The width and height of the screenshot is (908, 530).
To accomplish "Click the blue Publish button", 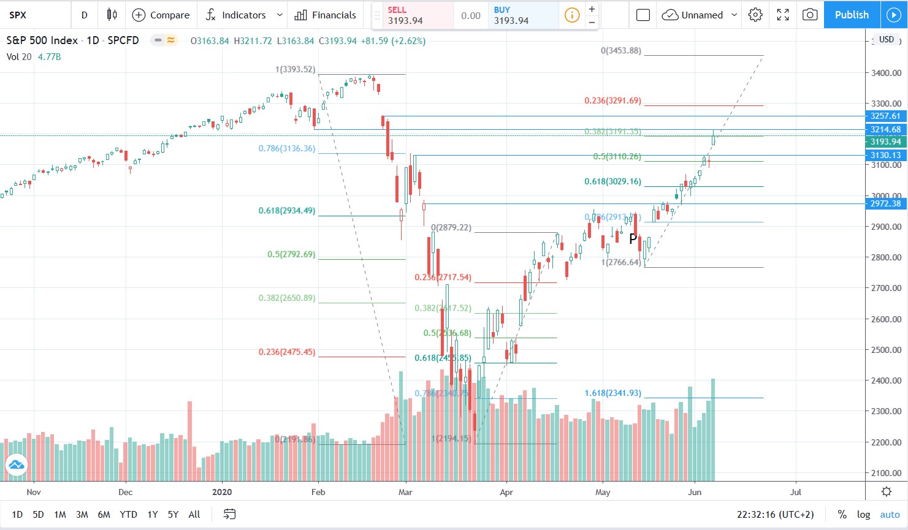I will pos(852,15).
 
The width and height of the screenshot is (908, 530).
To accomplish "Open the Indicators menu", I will pos(243,15).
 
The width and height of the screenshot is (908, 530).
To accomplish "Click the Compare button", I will pos(161,15).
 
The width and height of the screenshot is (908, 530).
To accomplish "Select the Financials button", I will pos(325,15).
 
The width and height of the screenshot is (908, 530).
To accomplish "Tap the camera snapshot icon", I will pos(810,15).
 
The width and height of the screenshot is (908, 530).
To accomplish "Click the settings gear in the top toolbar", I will pos(755,15).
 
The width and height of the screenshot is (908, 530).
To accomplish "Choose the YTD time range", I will pos(128,514).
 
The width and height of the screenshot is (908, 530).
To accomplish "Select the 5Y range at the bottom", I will pos(173,514).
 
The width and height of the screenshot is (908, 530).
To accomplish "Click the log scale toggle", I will pos(863,514).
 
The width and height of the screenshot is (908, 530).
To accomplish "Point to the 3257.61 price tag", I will pos(885,116).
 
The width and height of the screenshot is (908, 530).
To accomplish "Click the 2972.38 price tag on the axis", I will pos(885,203).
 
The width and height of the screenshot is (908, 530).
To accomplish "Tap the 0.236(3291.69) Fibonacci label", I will pos(612,100).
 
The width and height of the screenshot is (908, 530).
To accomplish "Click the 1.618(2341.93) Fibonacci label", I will pos(612,393).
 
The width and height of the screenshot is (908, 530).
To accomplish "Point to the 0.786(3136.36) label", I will pos(286,148).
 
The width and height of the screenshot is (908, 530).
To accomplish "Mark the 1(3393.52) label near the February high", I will pos(295,69).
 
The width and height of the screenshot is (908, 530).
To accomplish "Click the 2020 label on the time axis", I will pos(222,492).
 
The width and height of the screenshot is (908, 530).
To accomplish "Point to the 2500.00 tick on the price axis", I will pos(886,350).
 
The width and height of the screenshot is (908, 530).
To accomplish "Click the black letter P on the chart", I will pos(633,239).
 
